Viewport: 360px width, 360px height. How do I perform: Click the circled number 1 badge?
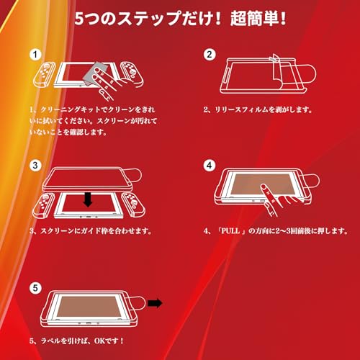[35, 55]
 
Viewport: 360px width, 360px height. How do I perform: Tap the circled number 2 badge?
[210, 55]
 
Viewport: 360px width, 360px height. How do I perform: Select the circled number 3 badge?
[35, 165]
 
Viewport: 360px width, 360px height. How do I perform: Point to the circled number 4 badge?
[210, 165]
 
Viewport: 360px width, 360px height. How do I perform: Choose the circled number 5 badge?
[35, 288]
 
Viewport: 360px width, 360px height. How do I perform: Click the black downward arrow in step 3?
[88, 199]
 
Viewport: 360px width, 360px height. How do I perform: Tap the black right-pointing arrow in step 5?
[155, 303]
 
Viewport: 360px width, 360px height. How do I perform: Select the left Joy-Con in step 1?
[44, 74]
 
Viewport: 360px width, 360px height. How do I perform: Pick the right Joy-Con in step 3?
[133, 204]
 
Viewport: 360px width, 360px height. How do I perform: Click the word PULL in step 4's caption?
[230, 231]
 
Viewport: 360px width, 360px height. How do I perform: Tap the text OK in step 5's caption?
[100, 341]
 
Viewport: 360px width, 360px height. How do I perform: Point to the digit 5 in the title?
[79, 19]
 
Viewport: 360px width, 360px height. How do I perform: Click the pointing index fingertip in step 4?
[264, 186]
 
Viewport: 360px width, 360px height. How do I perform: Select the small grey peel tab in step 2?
[274, 58]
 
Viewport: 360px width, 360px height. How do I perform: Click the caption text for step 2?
[258, 109]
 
